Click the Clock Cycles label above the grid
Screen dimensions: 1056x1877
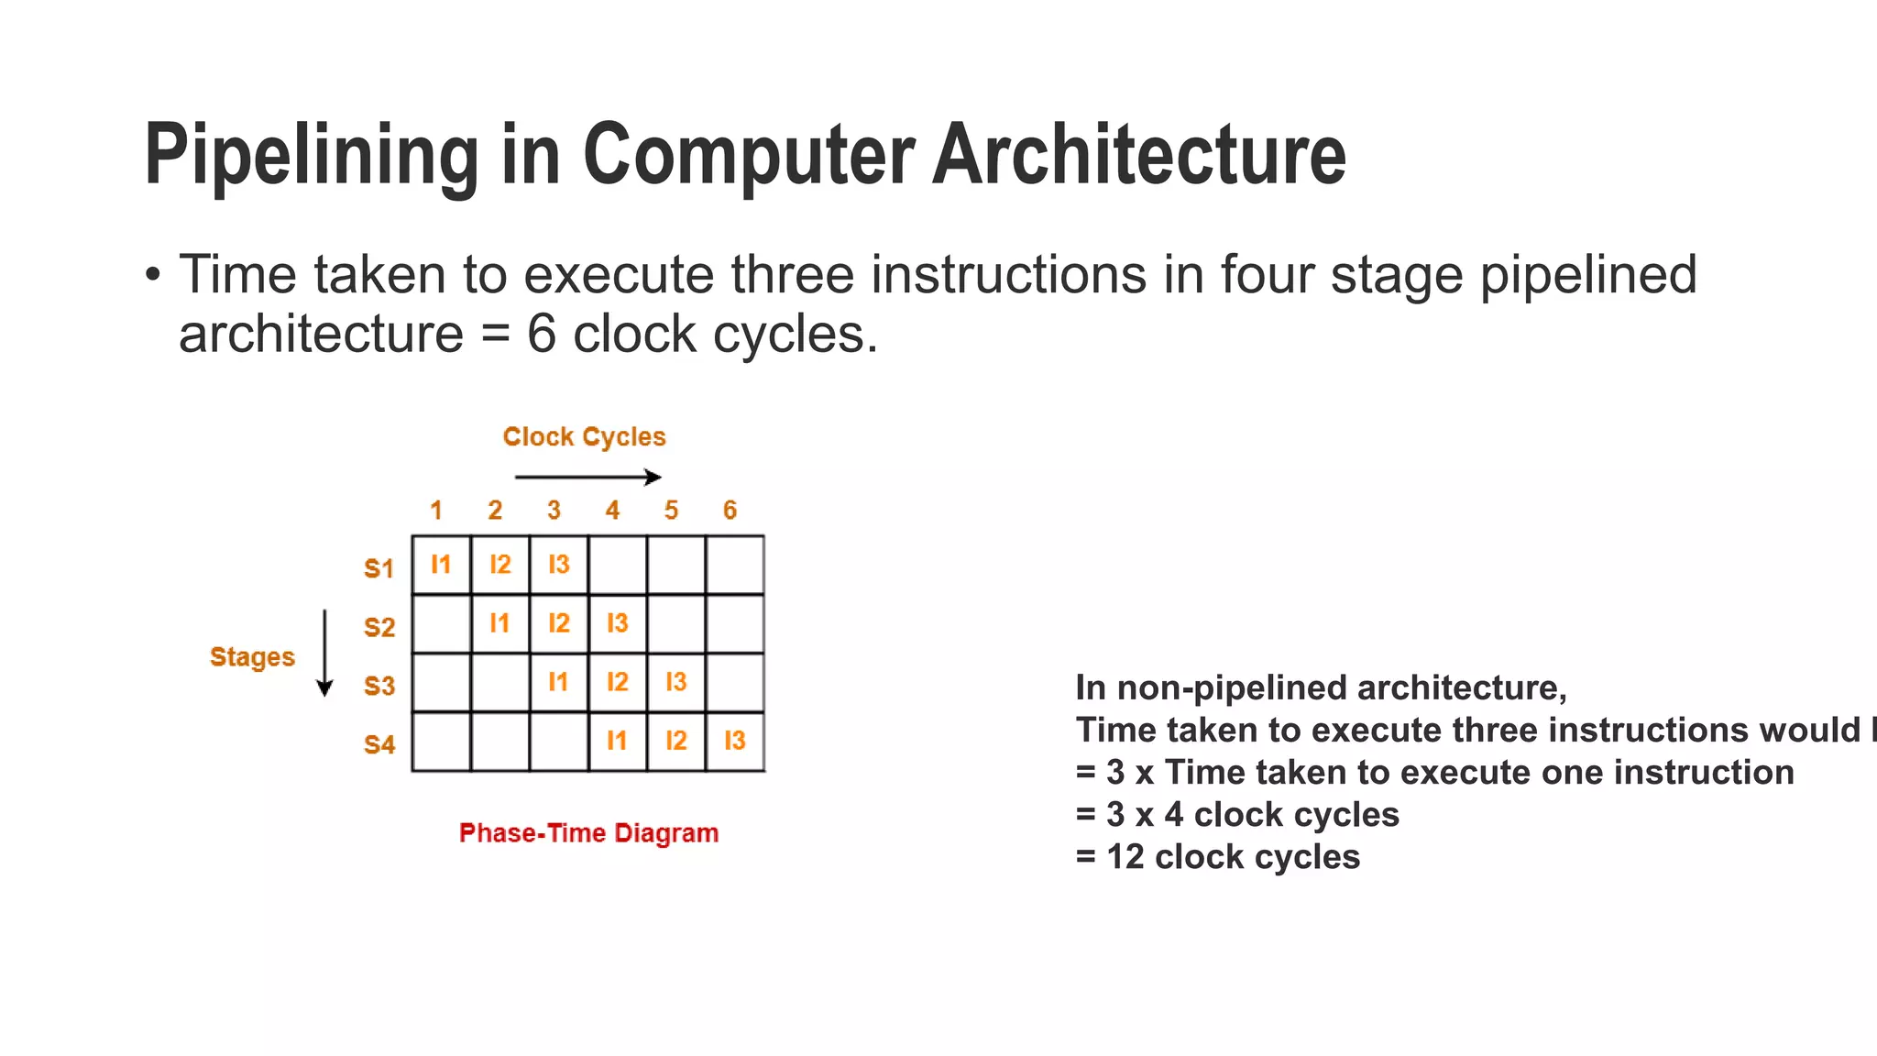point(584,437)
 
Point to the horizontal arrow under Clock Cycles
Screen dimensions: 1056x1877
point(587,477)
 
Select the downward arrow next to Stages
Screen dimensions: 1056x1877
point(324,653)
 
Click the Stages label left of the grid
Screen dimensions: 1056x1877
point(252,657)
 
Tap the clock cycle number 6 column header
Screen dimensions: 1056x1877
point(730,510)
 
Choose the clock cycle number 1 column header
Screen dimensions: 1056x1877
point(436,510)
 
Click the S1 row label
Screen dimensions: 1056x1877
point(379,568)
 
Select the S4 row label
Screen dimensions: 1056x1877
point(379,744)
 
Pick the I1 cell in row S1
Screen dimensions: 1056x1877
point(441,565)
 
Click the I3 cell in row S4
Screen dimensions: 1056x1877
point(735,741)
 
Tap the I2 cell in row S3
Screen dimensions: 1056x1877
point(618,682)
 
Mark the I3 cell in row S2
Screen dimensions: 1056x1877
point(618,623)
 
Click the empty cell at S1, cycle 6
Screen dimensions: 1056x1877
point(735,565)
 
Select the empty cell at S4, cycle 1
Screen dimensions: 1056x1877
point(441,741)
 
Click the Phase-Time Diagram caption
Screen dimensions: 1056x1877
point(588,833)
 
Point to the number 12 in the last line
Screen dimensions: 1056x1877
point(1125,857)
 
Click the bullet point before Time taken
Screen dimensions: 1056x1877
point(152,275)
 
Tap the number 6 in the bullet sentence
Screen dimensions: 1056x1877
point(541,334)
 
